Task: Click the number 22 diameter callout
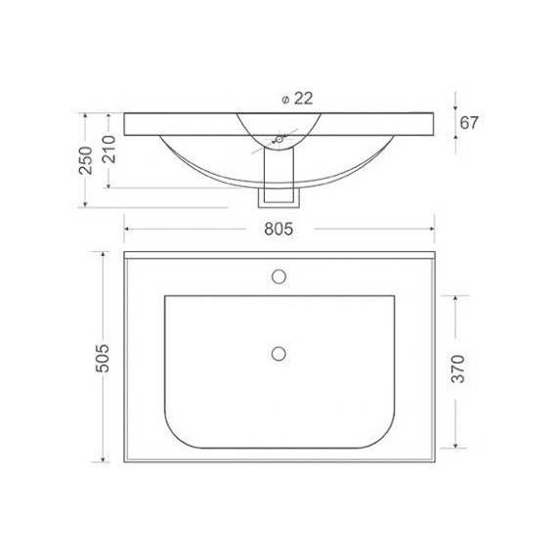point(303,99)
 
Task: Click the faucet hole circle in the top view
point(278,275)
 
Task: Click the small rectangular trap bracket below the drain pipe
point(278,197)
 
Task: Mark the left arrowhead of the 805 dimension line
point(127,228)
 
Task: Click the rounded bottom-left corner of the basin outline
point(175,434)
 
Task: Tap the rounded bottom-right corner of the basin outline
point(381,434)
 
